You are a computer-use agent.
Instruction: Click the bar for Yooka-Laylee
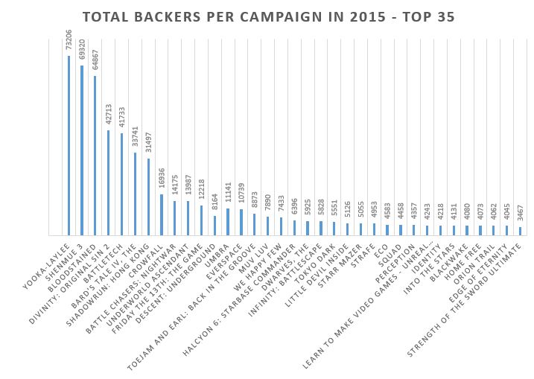click(69, 145)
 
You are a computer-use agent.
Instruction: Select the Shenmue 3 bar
click(82, 150)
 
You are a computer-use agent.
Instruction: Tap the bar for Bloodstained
click(95, 155)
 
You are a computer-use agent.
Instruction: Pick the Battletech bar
click(122, 184)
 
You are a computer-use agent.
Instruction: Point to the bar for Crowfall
click(162, 214)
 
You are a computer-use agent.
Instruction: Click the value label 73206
click(69, 39)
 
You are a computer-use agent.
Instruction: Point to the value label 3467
click(521, 211)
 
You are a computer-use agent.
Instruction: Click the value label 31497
click(148, 142)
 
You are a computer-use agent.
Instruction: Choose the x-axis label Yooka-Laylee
click(51, 258)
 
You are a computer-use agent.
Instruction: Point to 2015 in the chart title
click(349, 16)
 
